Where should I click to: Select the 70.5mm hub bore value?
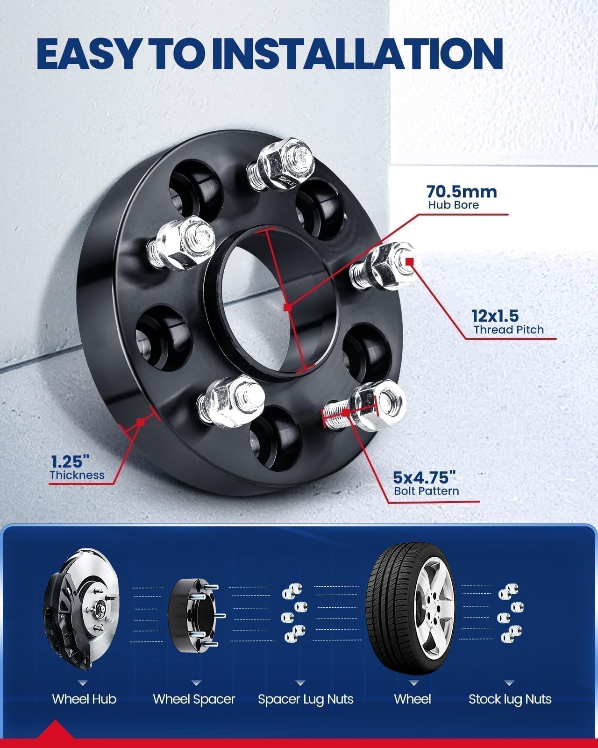(x=455, y=192)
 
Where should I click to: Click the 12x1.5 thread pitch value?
(x=495, y=316)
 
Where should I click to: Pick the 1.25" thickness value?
(x=70, y=461)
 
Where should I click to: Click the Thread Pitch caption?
(x=509, y=330)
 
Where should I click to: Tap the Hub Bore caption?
(x=454, y=205)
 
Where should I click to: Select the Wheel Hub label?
(x=84, y=699)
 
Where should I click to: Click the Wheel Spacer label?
(x=194, y=699)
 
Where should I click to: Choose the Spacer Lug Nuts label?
(x=306, y=699)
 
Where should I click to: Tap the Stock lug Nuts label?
(x=510, y=699)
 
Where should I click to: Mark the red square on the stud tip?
(x=410, y=261)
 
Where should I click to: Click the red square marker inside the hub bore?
(x=288, y=307)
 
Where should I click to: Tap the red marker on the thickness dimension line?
(x=140, y=422)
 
